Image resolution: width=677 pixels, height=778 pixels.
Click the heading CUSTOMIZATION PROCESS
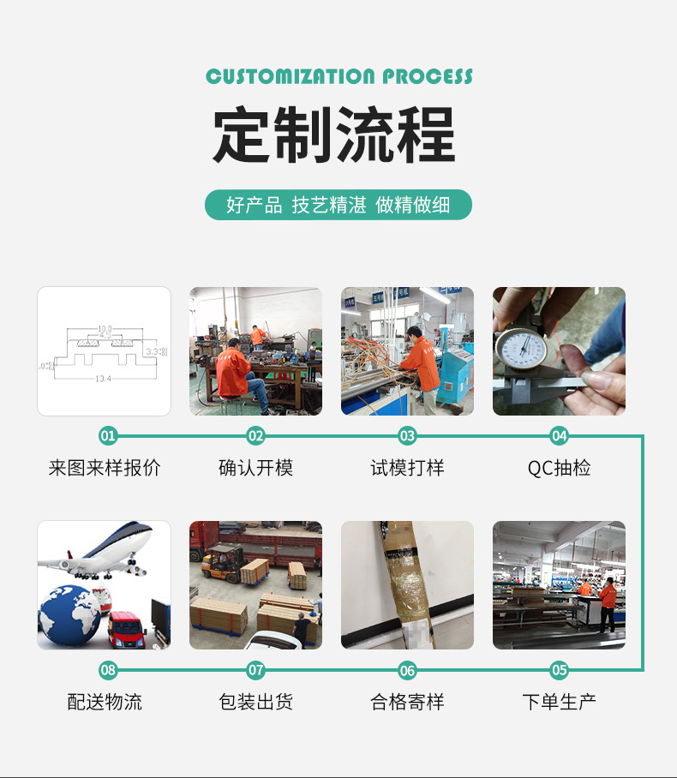[338, 76]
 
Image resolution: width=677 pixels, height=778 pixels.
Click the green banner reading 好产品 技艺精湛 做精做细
[338, 205]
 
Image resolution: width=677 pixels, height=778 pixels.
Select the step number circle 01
[107, 436]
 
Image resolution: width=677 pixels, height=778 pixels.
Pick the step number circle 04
[559, 436]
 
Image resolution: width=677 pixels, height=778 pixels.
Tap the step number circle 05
[559, 670]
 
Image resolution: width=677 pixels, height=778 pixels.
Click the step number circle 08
[107, 670]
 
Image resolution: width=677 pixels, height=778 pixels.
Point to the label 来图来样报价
[105, 468]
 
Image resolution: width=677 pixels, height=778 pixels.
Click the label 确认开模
[255, 468]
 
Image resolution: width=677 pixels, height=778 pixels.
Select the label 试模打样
[407, 468]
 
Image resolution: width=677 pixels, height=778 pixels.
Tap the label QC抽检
[559, 468]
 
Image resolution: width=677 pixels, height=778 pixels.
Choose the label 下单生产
[559, 703]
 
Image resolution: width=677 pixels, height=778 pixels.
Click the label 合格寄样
[407, 703]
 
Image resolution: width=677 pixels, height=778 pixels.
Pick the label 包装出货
[255, 703]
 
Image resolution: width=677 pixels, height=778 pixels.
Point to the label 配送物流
[105, 703]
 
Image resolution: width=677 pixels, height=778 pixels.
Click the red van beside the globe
[127, 629]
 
